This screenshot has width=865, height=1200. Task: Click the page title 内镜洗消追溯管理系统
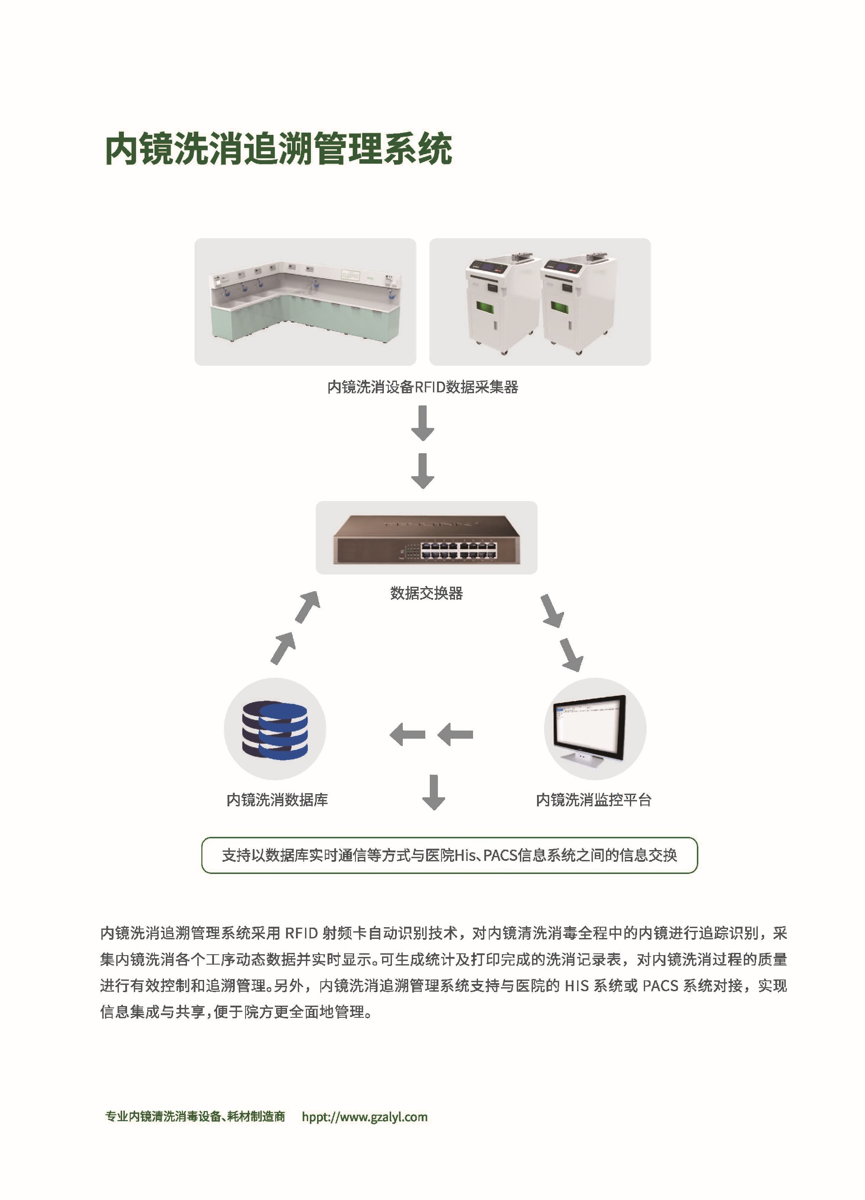click(278, 149)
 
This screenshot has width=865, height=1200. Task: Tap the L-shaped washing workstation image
click(305, 302)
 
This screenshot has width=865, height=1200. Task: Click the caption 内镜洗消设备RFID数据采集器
click(423, 387)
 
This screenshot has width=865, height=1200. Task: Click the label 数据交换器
click(426, 593)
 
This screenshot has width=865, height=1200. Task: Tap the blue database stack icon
click(275, 730)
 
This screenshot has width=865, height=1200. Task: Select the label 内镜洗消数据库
click(277, 800)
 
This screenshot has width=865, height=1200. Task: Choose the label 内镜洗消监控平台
click(593, 800)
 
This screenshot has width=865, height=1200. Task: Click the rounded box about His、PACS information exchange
click(450, 855)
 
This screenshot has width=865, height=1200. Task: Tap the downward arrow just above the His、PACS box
click(433, 792)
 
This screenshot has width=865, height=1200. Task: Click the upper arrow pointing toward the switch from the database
click(308, 607)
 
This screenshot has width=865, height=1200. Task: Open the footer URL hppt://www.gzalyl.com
click(364, 1117)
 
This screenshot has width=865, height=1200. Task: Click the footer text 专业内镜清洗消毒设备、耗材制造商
click(195, 1117)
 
